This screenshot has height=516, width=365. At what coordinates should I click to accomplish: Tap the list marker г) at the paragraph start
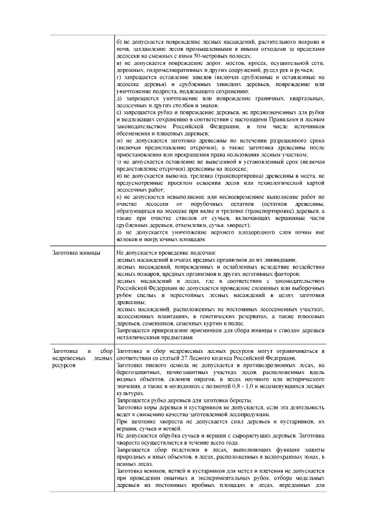118,77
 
